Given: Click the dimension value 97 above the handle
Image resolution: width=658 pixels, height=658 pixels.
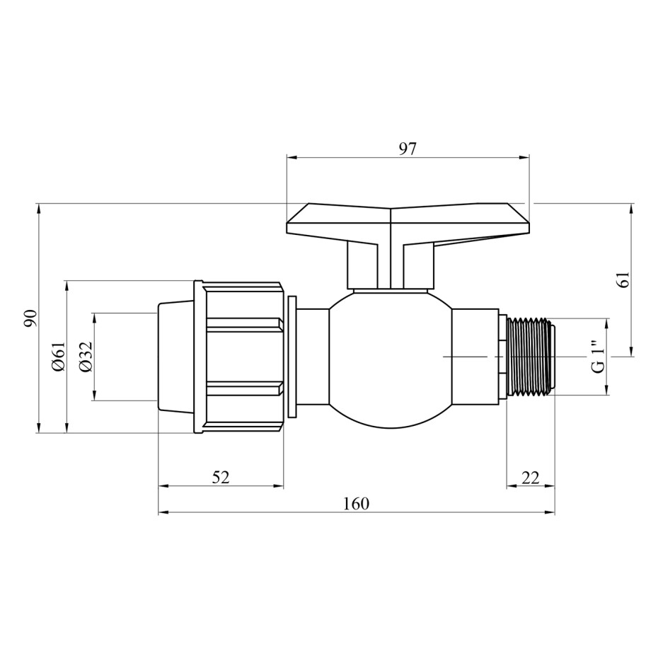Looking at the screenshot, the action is point(408,149).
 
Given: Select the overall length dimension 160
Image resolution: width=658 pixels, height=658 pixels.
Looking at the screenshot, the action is point(357,503).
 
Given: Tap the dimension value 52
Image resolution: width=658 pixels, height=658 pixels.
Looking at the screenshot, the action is point(221,477).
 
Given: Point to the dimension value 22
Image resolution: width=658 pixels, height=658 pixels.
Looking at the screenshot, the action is point(531,477).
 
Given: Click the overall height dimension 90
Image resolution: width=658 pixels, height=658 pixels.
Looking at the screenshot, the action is point(30,318).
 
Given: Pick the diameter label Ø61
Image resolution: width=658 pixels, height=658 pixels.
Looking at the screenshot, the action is point(59,356).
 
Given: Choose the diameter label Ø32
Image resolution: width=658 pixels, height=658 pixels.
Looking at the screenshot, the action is point(86,357).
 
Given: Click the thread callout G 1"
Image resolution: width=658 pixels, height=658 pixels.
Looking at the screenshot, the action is point(598,356).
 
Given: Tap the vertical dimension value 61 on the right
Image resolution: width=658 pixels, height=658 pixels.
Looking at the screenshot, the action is point(624,279).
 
